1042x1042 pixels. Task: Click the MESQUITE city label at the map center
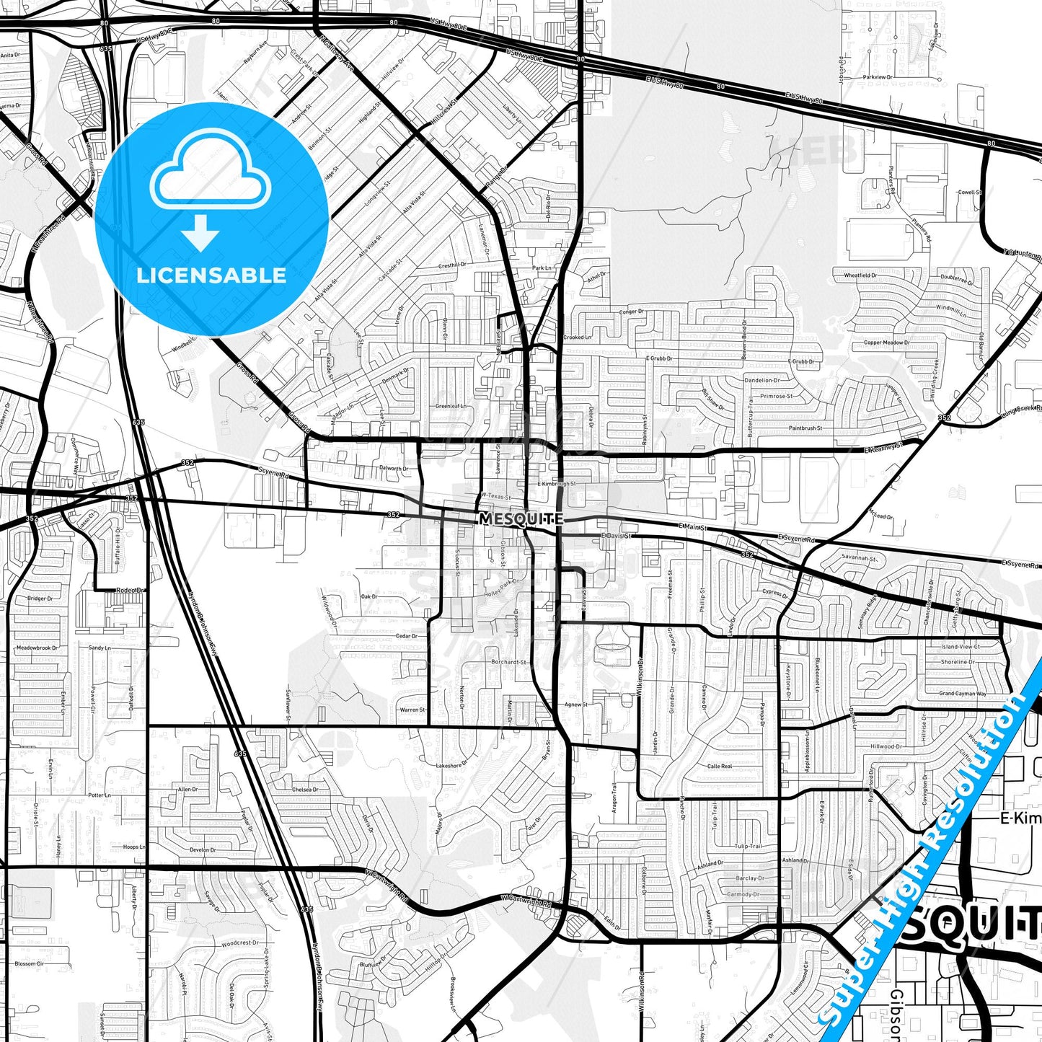click(521, 518)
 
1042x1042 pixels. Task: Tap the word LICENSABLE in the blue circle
click(211, 275)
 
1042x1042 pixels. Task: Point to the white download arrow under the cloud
click(200, 232)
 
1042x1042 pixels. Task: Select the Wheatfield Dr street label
click(855, 275)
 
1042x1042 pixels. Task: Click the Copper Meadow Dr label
click(886, 343)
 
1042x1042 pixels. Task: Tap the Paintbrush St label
click(805, 428)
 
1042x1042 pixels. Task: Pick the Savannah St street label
click(860, 558)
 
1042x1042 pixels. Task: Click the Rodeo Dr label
click(131, 590)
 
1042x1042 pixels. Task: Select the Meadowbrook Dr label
click(37, 648)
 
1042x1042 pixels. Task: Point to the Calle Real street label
click(720, 767)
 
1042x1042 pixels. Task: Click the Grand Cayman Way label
click(962, 694)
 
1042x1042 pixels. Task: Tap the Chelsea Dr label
click(305, 790)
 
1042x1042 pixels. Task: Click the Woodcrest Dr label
click(239, 943)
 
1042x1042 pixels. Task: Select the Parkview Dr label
click(878, 76)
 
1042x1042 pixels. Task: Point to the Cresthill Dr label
click(452, 265)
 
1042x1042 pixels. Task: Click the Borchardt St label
click(508, 661)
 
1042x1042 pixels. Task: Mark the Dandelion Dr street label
click(761, 380)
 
